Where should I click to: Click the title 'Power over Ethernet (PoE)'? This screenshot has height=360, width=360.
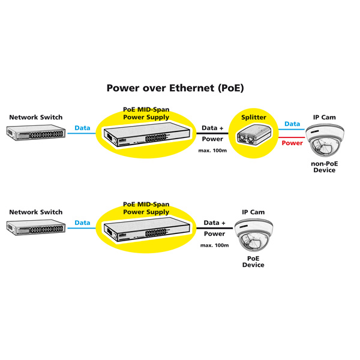pos(175,88)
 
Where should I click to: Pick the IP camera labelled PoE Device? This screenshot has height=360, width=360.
pos(253,236)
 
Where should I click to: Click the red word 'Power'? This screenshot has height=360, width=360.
pos(292,143)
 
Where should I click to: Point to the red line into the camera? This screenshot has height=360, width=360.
pos(292,137)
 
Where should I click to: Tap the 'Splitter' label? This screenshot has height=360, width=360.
pos(253,118)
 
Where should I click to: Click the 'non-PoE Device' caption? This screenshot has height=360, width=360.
pos(325,167)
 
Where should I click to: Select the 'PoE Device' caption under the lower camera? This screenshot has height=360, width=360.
pos(253,262)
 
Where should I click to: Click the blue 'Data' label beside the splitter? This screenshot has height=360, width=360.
pos(292,124)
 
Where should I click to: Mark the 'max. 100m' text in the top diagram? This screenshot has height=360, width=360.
pos(212,150)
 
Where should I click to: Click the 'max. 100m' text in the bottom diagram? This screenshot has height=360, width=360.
pos(214,245)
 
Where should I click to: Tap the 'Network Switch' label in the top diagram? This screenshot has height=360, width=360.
pos(35,118)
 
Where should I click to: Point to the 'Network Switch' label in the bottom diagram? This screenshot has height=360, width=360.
pos(35,212)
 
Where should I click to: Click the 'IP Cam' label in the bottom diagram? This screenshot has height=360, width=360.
pos(253,212)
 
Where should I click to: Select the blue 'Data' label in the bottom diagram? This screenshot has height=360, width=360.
pos(82,223)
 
